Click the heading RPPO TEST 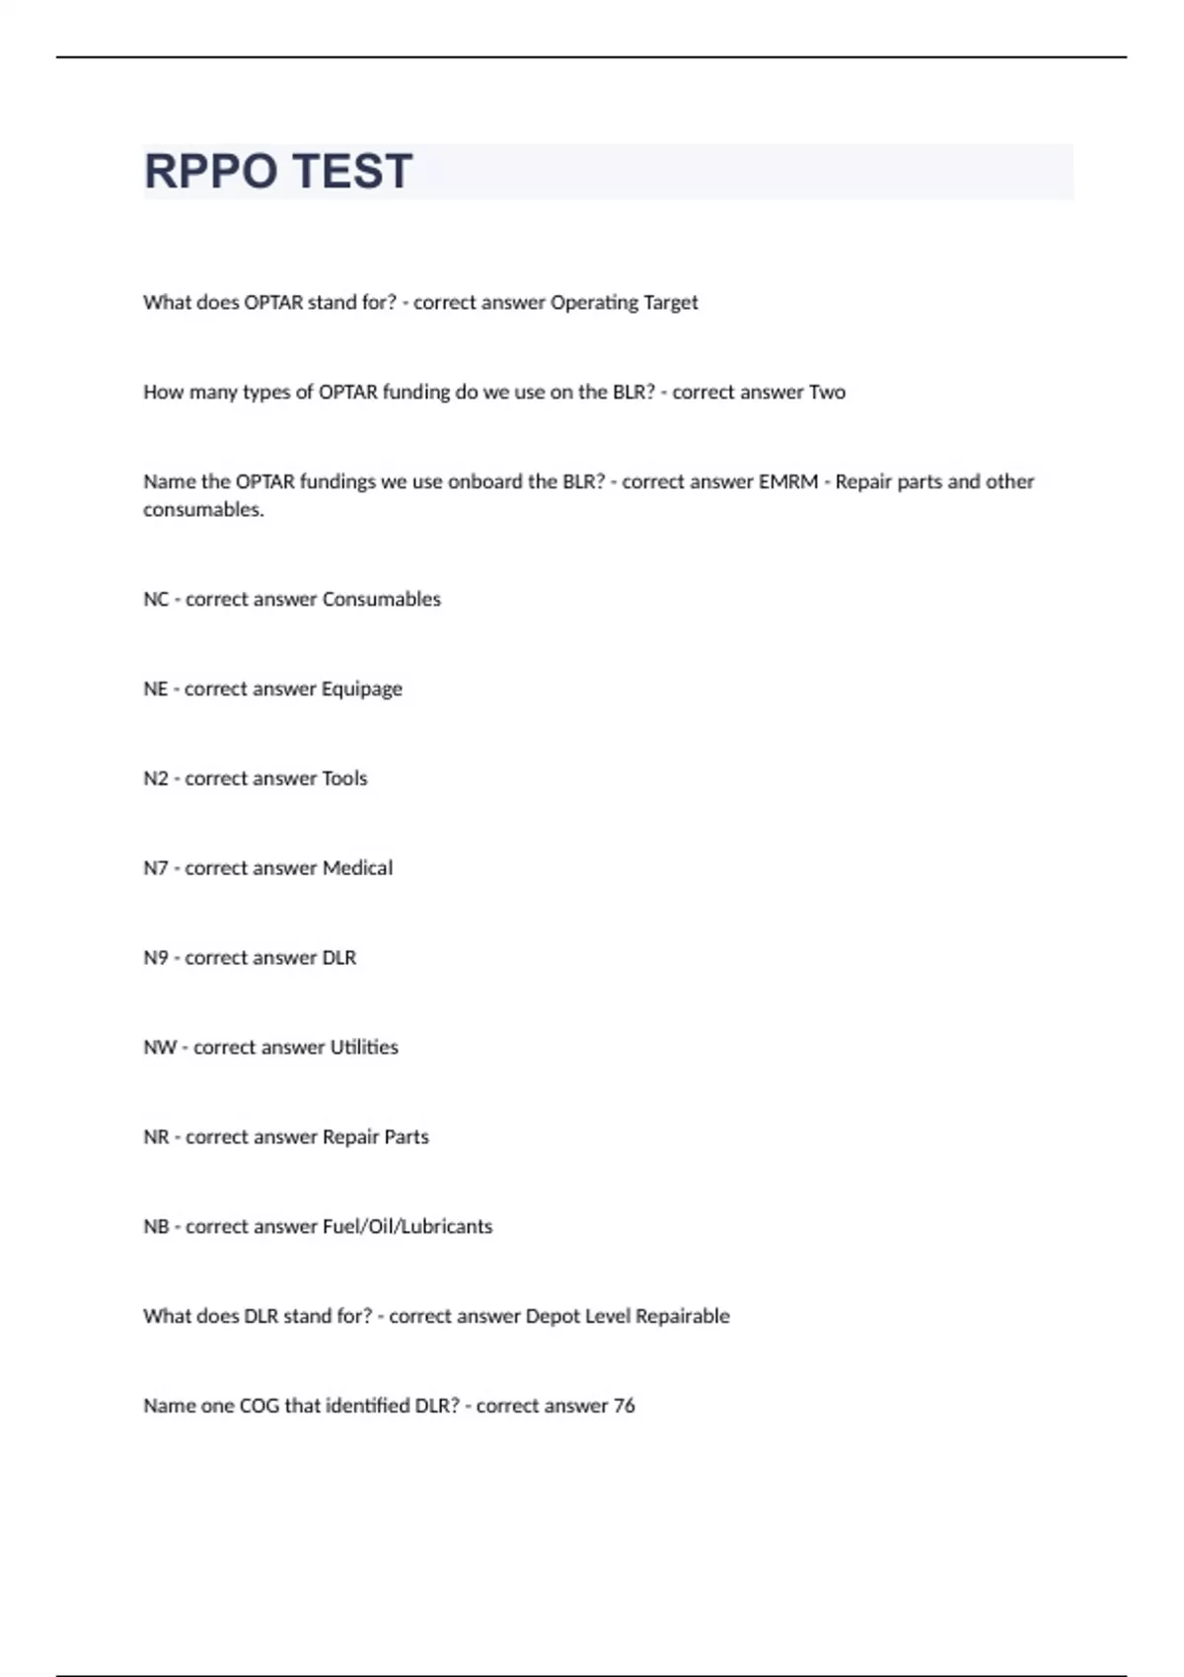(x=278, y=172)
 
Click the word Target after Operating (x=671, y=303)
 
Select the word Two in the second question (x=827, y=393)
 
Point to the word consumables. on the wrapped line (x=203, y=510)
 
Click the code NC (x=156, y=600)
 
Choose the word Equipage (x=361, y=690)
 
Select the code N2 (x=156, y=779)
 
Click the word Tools (x=344, y=779)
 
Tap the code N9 (x=156, y=958)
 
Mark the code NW (x=160, y=1048)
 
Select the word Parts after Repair (x=407, y=1137)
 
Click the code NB (x=156, y=1227)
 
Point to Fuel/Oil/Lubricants (x=407, y=1227)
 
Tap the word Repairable (x=682, y=1317)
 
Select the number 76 (x=624, y=1407)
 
